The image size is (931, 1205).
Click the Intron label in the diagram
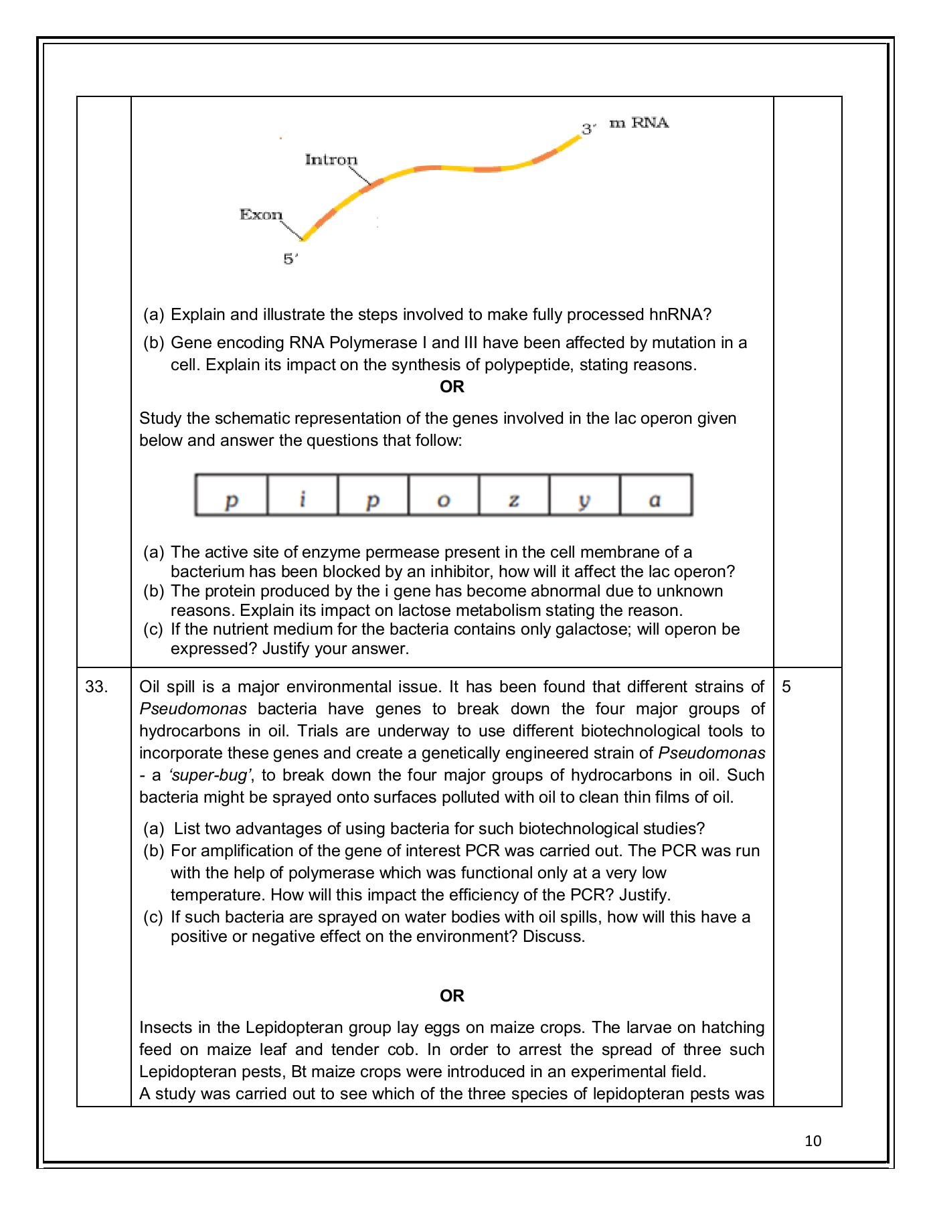pyautogui.click(x=331, y=159)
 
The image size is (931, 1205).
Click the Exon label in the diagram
pyautogui.click(x=261, y=214)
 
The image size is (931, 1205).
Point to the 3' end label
pyautogui.click(x=588, y=129)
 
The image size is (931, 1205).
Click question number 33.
pyautogui.click(x=96, y=687)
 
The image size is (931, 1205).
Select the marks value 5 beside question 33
pyautogui.click(x=786, y=687)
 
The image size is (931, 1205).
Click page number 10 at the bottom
pyautogui.click(x=813, y=1141)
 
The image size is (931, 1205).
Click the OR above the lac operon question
pyautogui.click(x=452, y=387)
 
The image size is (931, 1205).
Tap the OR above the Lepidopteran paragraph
pyautogui.click(x=452, y=995)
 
